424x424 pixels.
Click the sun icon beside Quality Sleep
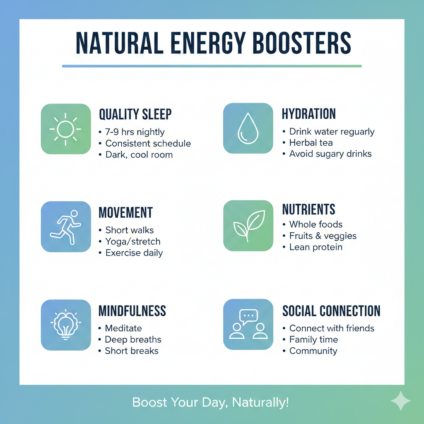[x=65, y=129]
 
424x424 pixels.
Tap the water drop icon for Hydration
[x=248, y=129]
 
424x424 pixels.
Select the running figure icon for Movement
[x=65, y=226]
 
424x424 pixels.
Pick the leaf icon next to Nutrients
[x=248, y=226]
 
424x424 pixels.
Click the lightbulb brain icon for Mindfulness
[x=65, y=325]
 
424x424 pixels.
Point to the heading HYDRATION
[x=309, y=114]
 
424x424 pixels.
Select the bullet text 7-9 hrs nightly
[x=135, y=132]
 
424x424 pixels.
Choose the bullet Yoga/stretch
[x=132, y=241]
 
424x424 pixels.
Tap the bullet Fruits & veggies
[x=323, y=236]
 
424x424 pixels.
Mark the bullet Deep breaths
[x=133, y=340]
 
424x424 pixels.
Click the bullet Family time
[x=313, y=340]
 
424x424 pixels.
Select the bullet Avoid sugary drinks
[x=330, y=154]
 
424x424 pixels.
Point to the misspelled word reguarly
[x=354, y=132]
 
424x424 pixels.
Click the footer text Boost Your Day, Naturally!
[x=210, y=402]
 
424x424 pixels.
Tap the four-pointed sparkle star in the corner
[x=400, y=401]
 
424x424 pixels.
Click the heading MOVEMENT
[x=125, y=212]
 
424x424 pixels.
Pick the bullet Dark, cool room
[x=139, y=155]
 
